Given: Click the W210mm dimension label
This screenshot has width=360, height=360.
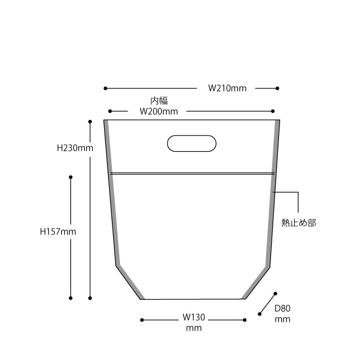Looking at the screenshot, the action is coord(227,88).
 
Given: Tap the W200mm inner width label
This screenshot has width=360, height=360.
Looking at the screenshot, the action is coord(159,111).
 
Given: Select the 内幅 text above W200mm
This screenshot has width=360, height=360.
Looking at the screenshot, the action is coord(159,101).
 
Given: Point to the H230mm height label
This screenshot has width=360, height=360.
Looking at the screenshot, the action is coord(75,148).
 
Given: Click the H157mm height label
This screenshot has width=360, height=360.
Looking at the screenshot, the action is coord(58,232).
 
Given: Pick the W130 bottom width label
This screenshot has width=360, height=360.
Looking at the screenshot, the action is coord(193,317).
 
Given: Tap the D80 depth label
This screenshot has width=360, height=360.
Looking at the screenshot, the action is coord(282,309).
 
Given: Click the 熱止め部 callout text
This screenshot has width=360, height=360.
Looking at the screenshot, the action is coord(299,223).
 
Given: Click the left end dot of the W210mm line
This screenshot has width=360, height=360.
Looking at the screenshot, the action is coord(105,88).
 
